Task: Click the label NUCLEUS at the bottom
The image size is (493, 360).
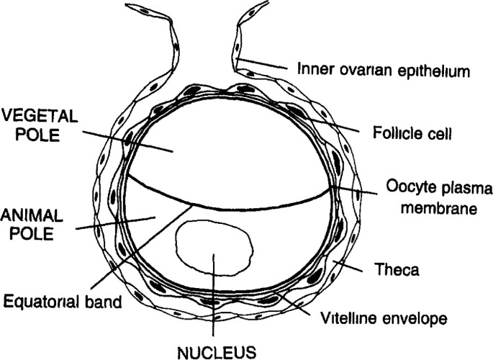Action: [214, 352]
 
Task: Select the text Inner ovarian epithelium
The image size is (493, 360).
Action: [384, 71]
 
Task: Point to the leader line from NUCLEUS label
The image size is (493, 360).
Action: [214, 302]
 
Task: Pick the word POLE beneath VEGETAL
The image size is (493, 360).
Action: [19, 134]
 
